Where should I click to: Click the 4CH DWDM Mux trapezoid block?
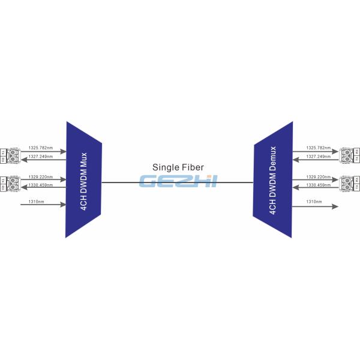point(83,179)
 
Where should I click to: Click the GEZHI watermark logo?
point(178,181)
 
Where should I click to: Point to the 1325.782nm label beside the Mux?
point(41,148)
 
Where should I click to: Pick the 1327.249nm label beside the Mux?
point(41,157)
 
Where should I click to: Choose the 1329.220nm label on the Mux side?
point(41,177)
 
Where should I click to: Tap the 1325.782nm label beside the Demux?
point(318,148)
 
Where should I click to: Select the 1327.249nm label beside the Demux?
point(318,157)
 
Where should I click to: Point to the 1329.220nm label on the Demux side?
point(318,177)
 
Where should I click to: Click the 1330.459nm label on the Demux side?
point(318,185)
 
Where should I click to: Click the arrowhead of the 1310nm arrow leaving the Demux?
point(334,206)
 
